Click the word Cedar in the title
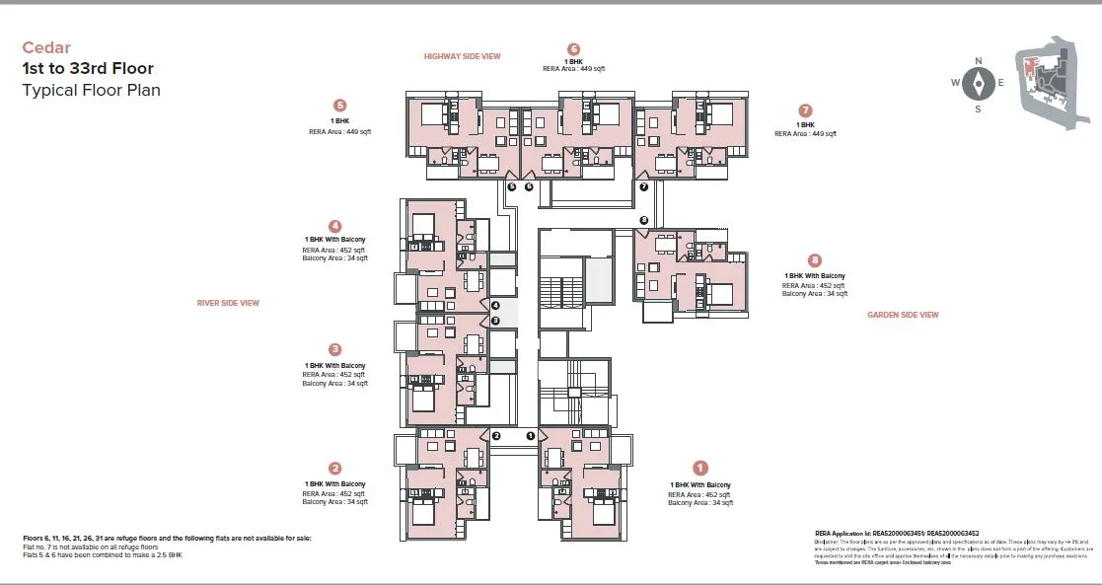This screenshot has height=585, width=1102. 46,47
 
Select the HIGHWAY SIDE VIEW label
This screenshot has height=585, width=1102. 462,56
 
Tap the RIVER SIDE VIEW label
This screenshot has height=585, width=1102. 228,303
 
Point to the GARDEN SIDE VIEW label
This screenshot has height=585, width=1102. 903,315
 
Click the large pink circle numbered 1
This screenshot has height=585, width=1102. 700,469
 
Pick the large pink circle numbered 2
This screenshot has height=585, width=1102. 335,469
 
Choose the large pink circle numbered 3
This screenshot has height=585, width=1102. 335,349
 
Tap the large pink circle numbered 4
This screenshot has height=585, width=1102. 335,226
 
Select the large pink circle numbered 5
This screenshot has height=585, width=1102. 340,106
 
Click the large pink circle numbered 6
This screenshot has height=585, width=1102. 573,49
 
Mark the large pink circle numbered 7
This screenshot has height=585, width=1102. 806,110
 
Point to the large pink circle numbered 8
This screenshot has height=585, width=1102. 814,260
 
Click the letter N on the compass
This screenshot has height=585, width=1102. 978,61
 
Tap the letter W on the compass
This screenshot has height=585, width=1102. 956,83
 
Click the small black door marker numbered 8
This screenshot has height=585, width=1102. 644,220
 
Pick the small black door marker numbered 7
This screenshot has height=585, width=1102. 643,186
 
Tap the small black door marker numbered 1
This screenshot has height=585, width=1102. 530,435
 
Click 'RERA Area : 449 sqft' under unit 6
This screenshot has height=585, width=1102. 573,69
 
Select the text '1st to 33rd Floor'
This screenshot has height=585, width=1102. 88,69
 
